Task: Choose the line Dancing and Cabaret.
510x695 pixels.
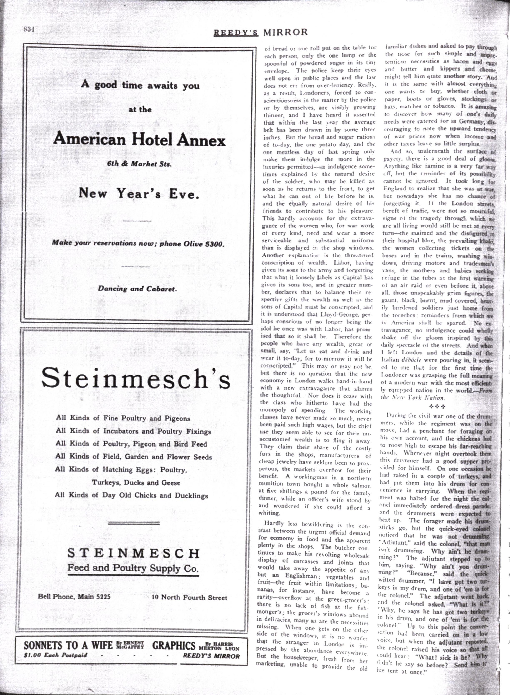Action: [x=137, y=289]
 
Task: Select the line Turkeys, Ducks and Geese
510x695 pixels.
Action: [x=136, y=483]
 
